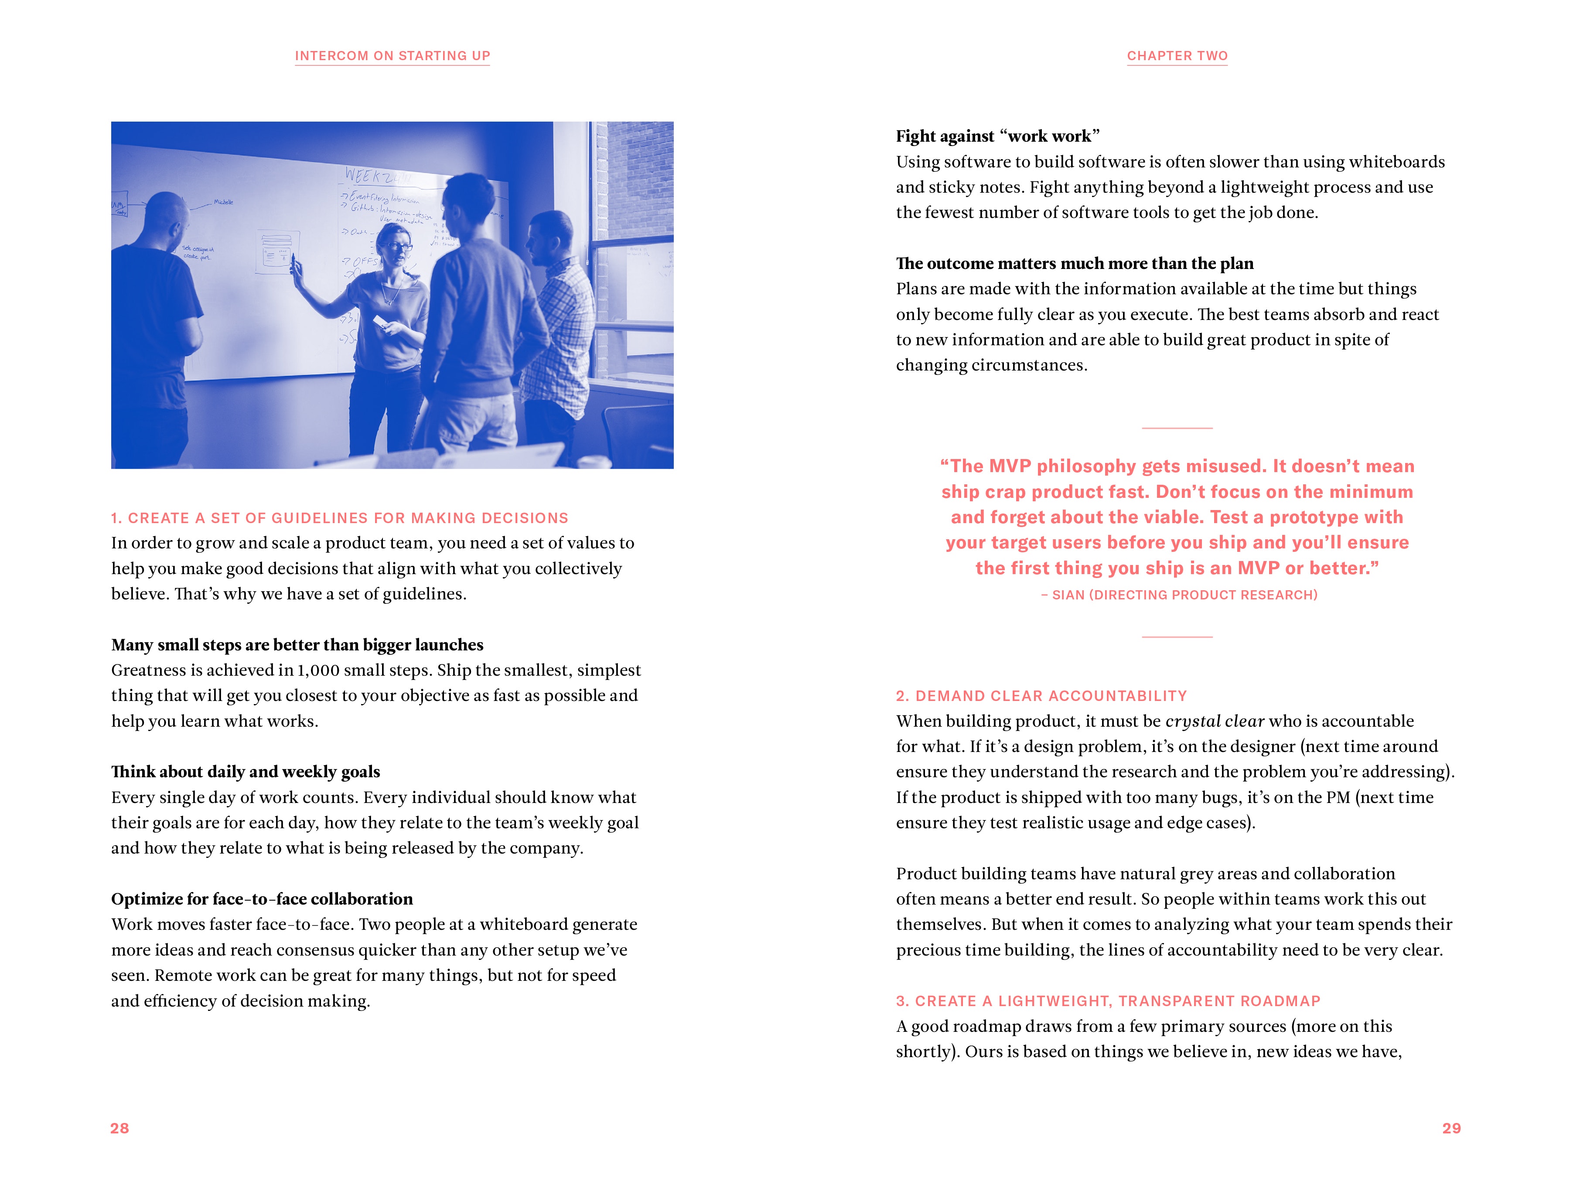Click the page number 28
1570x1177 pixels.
(119, 1128)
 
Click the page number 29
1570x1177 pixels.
(1451, 1128)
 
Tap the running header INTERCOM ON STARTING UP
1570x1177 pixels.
(392, 55)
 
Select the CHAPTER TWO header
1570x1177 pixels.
(1177, 55)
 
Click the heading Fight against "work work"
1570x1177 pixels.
(997, 136)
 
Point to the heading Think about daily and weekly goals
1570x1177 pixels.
(246, 772)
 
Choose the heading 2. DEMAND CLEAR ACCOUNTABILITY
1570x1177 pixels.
(1041, 696)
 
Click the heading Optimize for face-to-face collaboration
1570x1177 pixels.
(262, 899)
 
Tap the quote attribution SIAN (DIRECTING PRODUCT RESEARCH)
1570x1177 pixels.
(1184, 595)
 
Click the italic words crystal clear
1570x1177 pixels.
(1215, 721)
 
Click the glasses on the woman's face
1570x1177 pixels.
(399, 248)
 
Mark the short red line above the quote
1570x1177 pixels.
(1177, 428)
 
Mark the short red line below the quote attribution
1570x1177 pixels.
(1177, 637)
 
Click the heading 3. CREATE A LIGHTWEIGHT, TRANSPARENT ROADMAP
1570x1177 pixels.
(1108, 1001)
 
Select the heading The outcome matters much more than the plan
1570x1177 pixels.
(1075, 264)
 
